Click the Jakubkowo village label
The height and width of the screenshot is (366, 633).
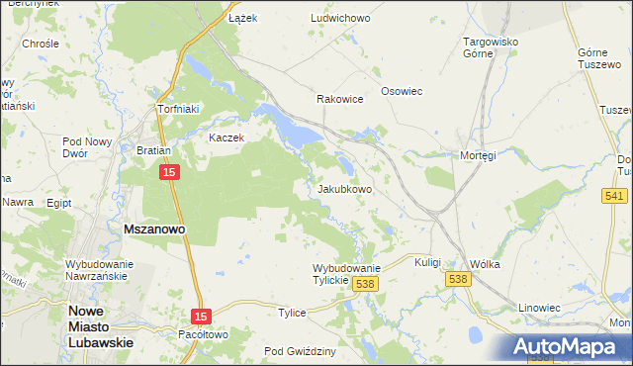click(344, 189)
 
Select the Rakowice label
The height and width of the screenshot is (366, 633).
click(339, 100)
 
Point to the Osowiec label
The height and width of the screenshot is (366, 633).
click(402, 91)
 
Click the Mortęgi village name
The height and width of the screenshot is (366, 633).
click(477, 155)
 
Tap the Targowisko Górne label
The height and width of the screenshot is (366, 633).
click(492, 48)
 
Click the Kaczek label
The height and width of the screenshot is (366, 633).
click(226, 137)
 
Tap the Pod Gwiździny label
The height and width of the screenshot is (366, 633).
click(301, 351)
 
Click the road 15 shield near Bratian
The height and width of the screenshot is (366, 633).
click(169, 173)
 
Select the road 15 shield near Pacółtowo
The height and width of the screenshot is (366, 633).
click(201, 314)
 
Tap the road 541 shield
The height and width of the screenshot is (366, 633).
click(613, 196)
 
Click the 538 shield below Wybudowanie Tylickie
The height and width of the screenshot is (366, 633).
click(365, 284)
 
